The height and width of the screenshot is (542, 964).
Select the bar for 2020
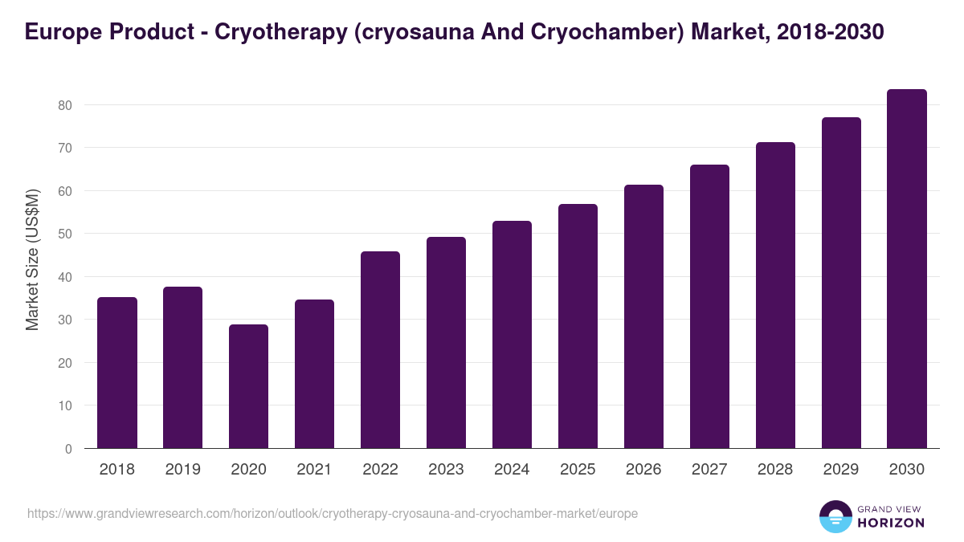click(x=248, y=386)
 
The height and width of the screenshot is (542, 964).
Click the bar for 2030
click(x=907, y=269)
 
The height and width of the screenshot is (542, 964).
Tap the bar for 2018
click(x=117, y=373)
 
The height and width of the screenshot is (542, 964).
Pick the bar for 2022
click(x=380, y=350)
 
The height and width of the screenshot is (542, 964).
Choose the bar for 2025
click(x=578, y=326)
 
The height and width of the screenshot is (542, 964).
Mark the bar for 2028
click(x=775, y=295)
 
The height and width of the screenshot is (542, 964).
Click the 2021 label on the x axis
click(x=314, y=470)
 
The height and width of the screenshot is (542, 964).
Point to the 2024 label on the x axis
click(x=512, y=470)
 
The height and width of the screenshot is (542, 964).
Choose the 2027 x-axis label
click(x=709, y=470)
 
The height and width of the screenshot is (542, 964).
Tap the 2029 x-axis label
click(x=841, y=470)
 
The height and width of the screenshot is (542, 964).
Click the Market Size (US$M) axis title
click(x=32, y=259)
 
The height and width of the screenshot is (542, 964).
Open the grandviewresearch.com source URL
click(x=333, y=513)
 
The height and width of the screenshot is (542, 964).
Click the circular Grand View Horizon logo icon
click(x=835, y=516)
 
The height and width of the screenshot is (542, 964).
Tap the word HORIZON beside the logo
click(x=890, y=523)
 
